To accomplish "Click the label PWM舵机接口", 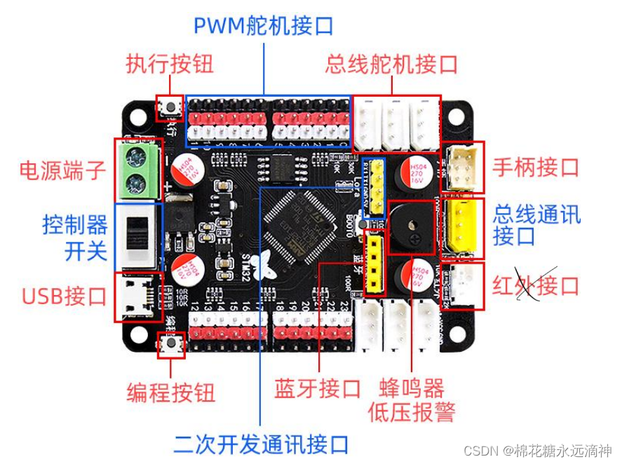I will point(263,26).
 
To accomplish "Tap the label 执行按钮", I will point(170,65).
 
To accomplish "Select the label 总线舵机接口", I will point(391,65).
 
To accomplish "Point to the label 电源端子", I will point(62,170).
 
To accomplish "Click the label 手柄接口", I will point(536,167).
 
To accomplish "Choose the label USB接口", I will point(64,296).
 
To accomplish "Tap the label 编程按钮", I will point(170,392).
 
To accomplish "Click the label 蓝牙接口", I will point(318,388).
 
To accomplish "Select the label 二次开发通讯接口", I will point(261,444).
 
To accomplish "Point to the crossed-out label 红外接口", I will point(536,286).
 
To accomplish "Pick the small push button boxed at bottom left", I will point(170,345).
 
